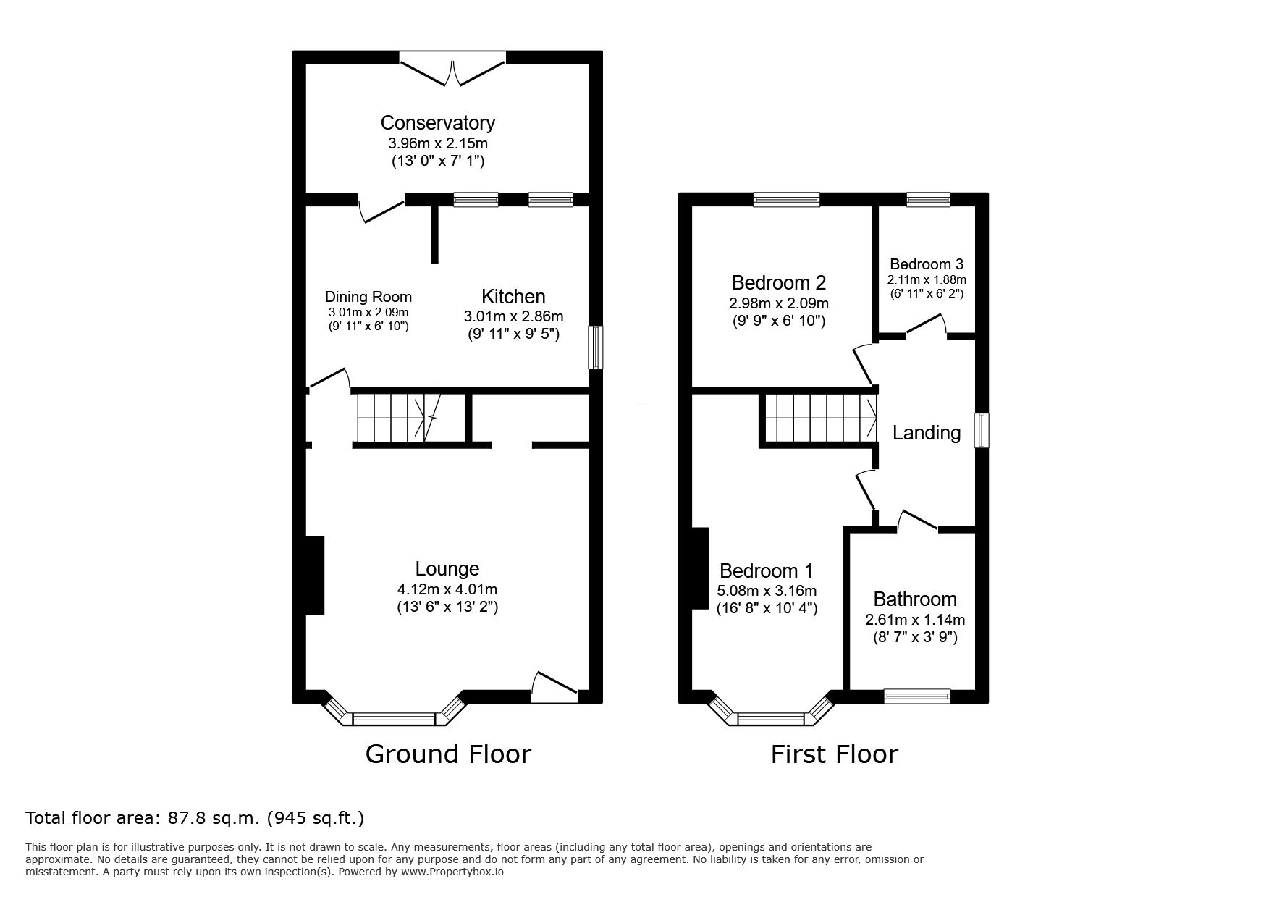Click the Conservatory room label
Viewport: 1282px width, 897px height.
pyautogui.click(x=438, y=123)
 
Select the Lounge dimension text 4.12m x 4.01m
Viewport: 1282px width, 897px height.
pyautogui.click(x=447, y=589)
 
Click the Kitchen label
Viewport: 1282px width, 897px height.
pyautogui.click(x=513, y=296)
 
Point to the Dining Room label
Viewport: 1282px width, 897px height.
pyautogui.click(x=368, y=297)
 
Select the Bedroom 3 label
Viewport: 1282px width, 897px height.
pyautogui.click(x=927, y=264)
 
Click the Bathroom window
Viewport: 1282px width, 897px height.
pyautogui.click(x=917, y=696)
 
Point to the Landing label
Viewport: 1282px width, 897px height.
pyautogui.click(x=927, y=433)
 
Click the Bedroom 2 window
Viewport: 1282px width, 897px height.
pyautogui.click(x=786, y=199)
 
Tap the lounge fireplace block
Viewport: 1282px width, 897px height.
pyautogui.click(x=314, y=575)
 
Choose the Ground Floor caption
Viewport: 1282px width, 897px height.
pyautogui.click(x=448, y=754)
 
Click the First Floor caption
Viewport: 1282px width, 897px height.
pyautogui.click(x=834, y=754)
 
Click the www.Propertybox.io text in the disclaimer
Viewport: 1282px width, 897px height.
pyautogui.click(x=452, y=872)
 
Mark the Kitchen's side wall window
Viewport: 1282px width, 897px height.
pyautogui.click(x=595, y=348)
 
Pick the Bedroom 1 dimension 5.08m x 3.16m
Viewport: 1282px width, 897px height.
pyautogui.click(x=767, y=591)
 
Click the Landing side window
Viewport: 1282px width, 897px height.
pyautogui.click(x=982, y=431)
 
